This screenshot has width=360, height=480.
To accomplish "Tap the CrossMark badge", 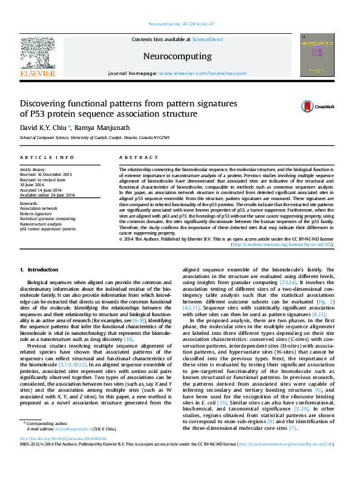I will click(318, 107).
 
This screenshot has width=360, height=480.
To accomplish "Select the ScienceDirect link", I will click(207, 39).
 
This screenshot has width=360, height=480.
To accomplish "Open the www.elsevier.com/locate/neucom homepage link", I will click(194, 73).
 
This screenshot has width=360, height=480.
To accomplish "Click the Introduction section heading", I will click(39, 269).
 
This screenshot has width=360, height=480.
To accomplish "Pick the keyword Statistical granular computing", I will click(48, 218).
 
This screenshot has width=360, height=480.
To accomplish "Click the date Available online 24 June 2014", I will click(47, 195).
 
